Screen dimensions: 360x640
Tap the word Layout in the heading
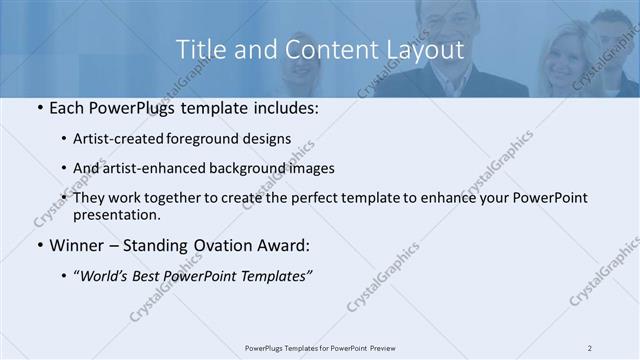point(419,49)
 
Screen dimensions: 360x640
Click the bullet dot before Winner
point(39,245)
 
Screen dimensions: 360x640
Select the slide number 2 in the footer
point(589,348)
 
